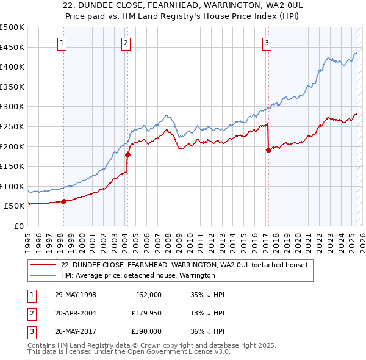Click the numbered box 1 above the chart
(x=63, y=43)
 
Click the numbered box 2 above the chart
(x=125, y=43)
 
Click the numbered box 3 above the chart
(x=267, y=43)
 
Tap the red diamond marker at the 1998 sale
(x=63, y=201)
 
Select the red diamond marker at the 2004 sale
(x=127, y=154)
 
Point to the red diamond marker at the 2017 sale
(x=268, y=150)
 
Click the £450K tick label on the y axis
(x=12, y=47)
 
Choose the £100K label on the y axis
(x=12, y=186)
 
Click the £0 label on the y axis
(x=18, y=226)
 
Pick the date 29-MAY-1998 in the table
(x=76, y=295)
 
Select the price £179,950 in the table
(x=146, y=313)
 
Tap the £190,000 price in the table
(x=146, y=331)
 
